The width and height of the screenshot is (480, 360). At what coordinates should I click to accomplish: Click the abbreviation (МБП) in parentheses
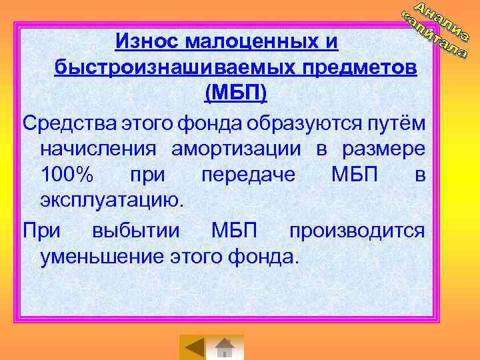coord(235,94)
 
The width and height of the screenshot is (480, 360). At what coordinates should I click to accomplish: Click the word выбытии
coord(136,231)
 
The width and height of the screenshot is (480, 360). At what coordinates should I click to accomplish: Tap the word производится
coord(356,231)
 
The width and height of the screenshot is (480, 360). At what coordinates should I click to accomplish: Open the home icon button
coord(225,347)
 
